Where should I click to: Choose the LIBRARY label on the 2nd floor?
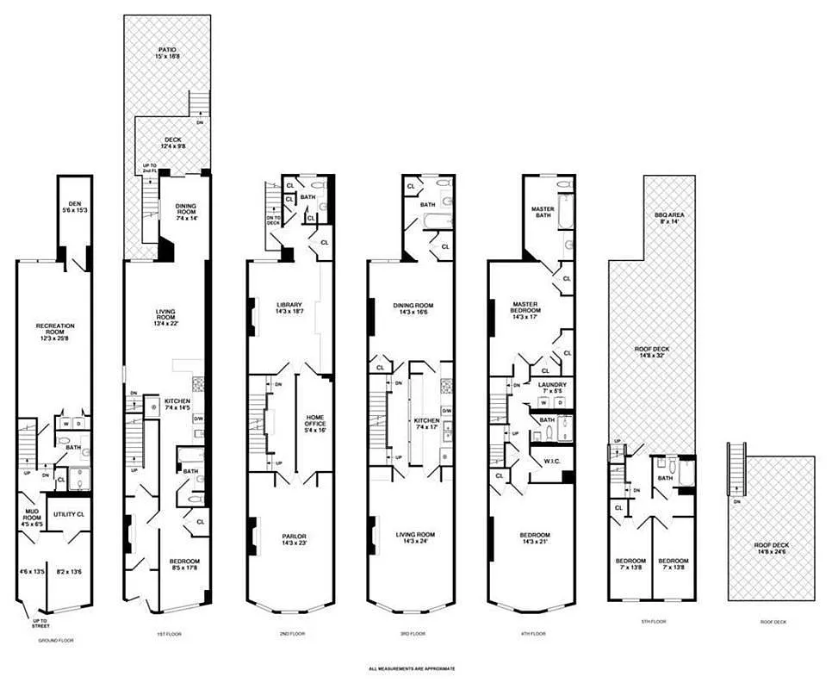coord(289,305)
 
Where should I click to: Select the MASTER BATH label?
coord(543,210)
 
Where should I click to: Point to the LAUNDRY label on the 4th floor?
coord(551,385)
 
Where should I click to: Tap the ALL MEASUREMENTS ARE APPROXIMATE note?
coord(412,668)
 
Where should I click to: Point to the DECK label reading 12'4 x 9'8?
coord(173,140)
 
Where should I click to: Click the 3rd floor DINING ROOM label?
coord(413,305)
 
